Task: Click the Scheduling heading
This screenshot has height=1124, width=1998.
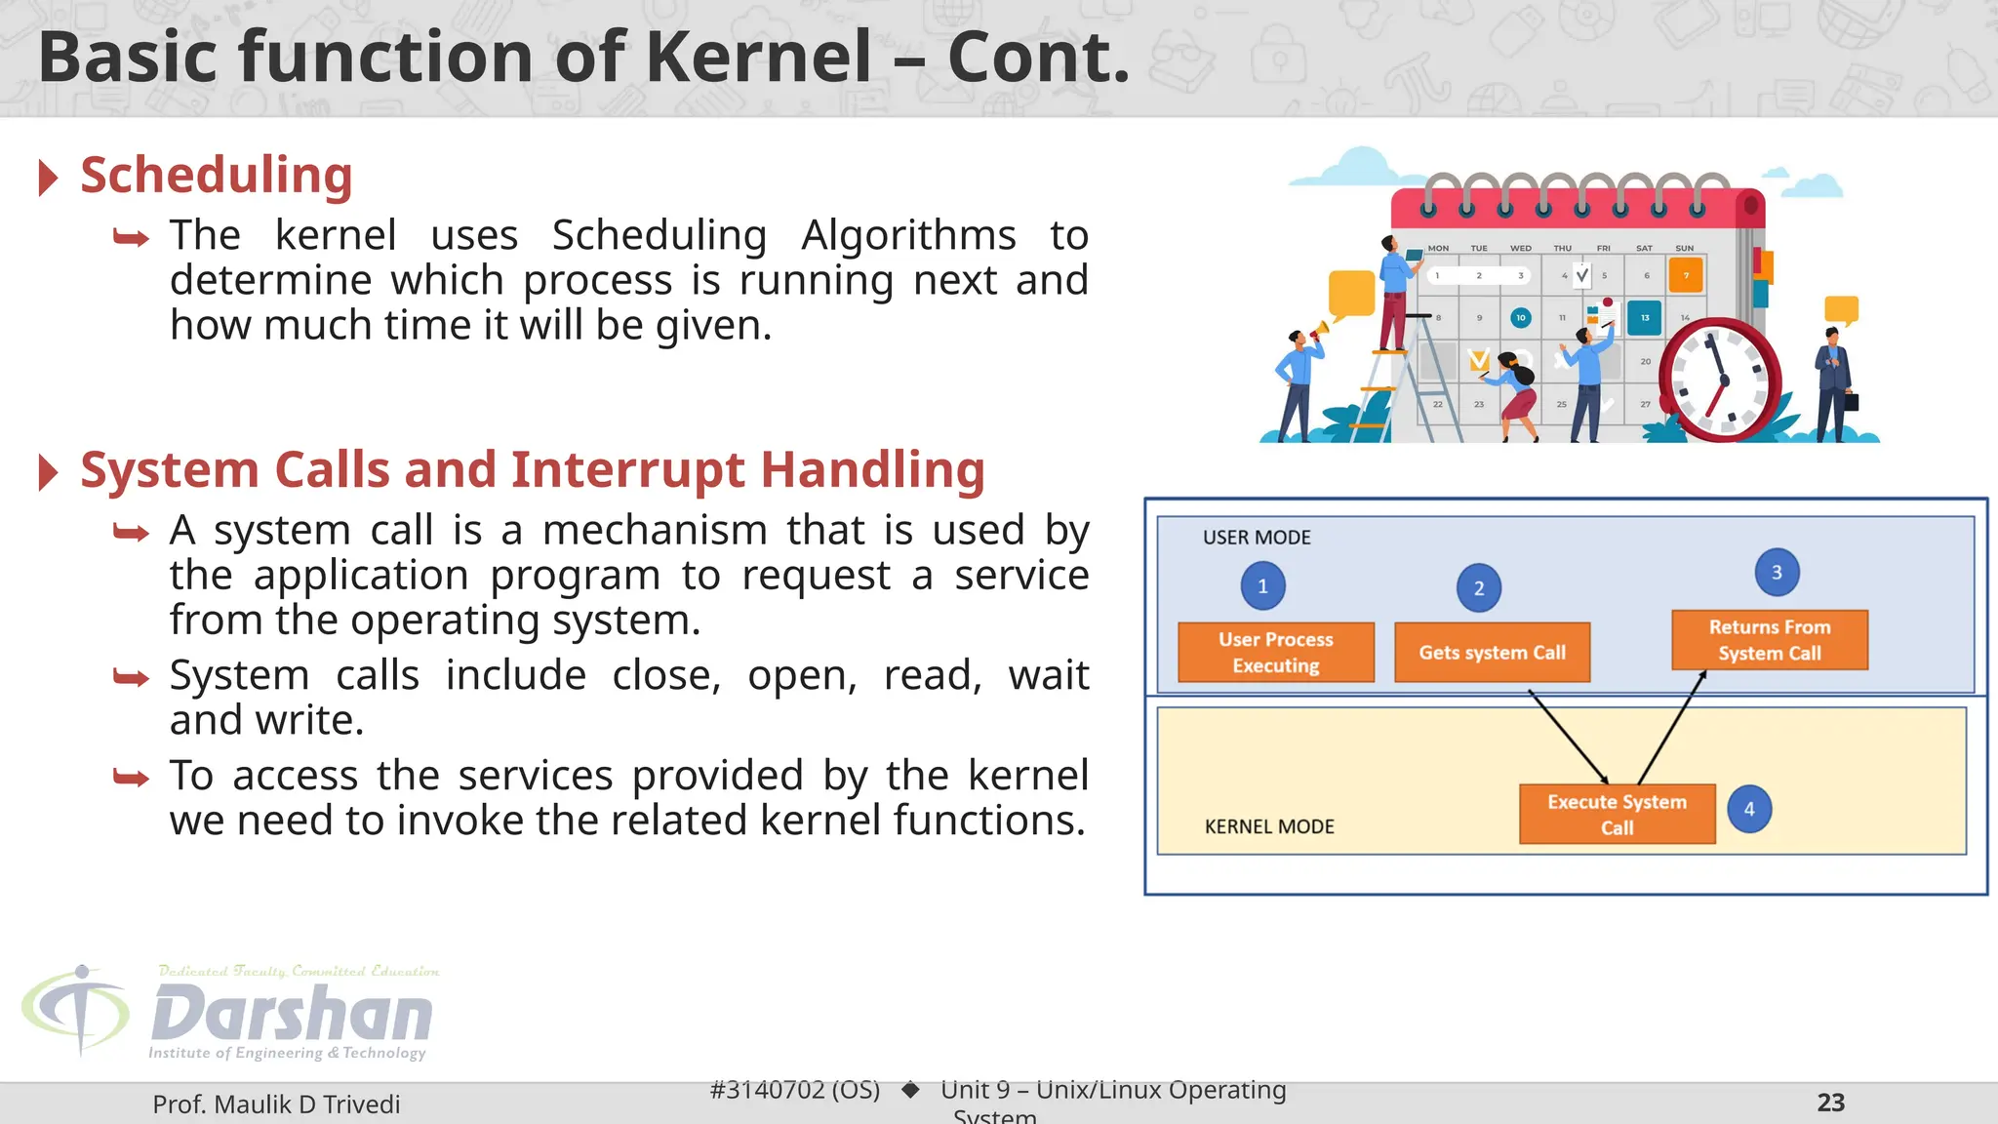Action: click(x=216, y=176)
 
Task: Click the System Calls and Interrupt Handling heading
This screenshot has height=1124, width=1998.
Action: click(x=532, y=470)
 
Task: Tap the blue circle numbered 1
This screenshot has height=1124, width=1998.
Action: click(x=1262, y=586)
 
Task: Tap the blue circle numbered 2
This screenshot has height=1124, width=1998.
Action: click(x=1478, y=588)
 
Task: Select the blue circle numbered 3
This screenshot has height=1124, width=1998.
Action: click(x=1777, y=573)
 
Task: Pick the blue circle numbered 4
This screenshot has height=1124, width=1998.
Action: click(x=1749, y=809)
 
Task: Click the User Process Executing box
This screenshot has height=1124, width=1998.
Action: click(x=1275, y=652)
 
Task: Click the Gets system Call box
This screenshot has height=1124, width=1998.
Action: click(x=1492, y=652)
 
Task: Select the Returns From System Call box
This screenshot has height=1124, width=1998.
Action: click(x=1769, y=640)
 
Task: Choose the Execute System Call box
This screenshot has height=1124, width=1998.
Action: click(x=1617, y=814)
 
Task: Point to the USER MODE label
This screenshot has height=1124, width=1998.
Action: click(x=1257, y=538)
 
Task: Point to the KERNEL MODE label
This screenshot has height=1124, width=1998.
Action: click(x=1268, y=826)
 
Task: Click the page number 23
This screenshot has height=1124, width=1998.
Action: click(x=1830, y=1103)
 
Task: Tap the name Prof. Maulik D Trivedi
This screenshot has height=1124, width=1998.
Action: click(x=276, y=1104)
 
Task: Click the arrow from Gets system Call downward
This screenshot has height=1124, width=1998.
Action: click(x=1568, y=737)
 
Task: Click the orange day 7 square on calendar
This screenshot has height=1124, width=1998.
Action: click(x=1686, y=275)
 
